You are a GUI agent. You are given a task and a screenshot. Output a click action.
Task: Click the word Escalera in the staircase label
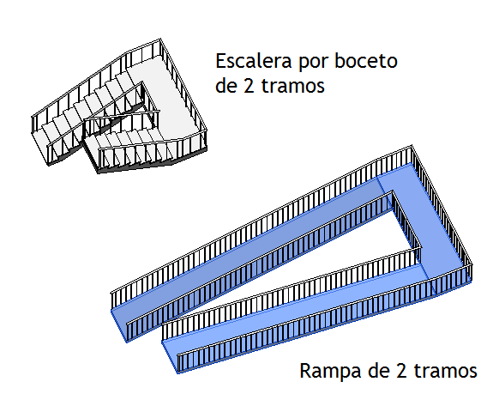254,61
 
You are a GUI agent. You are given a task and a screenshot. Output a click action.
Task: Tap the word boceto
366,61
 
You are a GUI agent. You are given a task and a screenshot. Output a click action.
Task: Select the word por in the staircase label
313,64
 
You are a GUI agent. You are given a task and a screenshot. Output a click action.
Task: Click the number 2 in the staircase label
249,86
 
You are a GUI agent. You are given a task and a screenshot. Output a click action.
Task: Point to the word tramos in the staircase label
292,86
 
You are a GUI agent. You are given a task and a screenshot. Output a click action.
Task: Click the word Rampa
330,372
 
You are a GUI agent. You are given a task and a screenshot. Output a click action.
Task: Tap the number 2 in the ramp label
401,370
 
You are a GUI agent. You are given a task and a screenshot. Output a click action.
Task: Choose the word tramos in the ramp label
446,370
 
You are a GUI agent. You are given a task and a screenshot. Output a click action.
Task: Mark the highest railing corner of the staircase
160,39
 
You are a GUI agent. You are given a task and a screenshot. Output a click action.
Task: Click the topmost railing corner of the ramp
412,146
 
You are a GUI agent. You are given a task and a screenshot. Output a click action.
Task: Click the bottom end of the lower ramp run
170,356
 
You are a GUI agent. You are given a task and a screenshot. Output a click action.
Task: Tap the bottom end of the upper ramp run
119,325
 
